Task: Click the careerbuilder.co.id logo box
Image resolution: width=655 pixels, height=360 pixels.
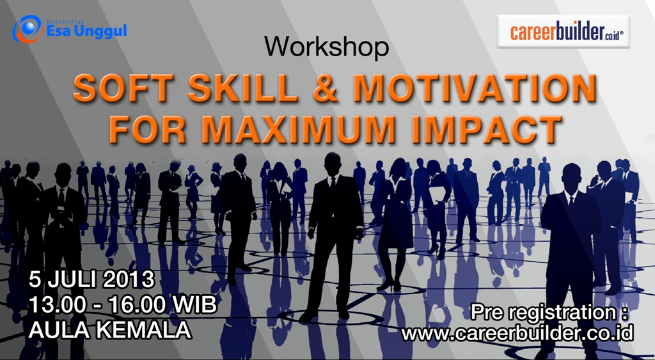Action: [x=563, y=31]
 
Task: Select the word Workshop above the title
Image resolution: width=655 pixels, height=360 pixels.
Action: [x=327, y=46]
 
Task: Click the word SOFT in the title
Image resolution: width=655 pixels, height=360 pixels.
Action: [x=123, y=88]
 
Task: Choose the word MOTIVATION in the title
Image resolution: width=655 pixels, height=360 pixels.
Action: [x=475, y=88]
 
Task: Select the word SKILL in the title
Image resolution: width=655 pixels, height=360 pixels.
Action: [x=242, y=88]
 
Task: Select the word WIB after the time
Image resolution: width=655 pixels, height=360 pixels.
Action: [x=194, y=305]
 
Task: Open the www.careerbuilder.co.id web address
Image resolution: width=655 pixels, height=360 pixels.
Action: [x=517, y=333]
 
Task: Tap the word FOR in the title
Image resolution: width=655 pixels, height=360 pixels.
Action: [x=148, y=129]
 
